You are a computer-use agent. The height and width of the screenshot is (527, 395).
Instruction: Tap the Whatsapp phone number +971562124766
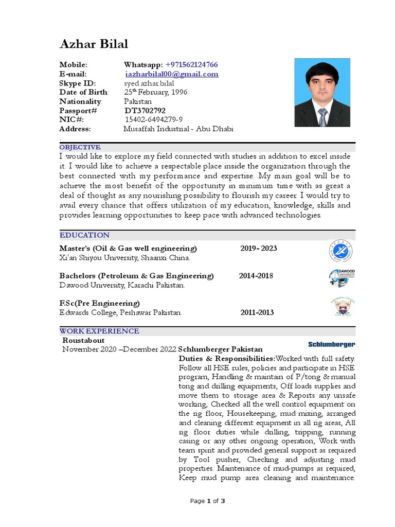(x=191, y=64)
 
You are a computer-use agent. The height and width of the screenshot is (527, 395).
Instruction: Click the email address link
(x=172, y=74)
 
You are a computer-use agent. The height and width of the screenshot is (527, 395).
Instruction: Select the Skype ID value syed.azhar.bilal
(x=149, y=83)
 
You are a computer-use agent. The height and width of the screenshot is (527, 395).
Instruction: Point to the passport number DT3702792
(x=145, y=110)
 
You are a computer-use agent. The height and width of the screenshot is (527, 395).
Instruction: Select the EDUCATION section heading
(x=84, y=235)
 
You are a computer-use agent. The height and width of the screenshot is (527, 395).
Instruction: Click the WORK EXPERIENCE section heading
(x=99, y=331)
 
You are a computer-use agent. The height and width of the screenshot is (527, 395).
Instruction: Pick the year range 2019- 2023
(x=258, y=248)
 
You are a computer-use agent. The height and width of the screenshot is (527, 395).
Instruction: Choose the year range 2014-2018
(x=256, y=275)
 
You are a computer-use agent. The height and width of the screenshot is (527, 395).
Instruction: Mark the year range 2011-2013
(x=257, y=312)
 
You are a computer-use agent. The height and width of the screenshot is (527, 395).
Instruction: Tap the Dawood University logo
(x=342, y=278)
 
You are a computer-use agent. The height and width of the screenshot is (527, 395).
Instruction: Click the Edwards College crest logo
(x=342, y=307)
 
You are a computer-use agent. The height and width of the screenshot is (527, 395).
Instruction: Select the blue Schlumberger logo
(x=331, y=344)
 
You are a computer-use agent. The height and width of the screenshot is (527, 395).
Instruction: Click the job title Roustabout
(x=83, y=340)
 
